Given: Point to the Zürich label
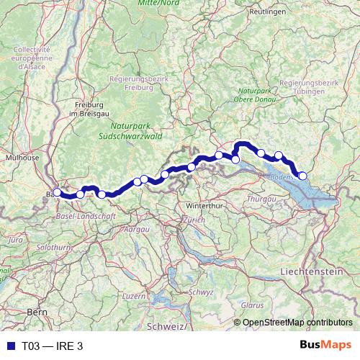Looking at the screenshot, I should (194, 219).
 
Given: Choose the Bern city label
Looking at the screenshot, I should (36, 312).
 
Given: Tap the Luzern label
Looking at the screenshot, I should (134, 296).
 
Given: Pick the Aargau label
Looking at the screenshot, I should (137, 229).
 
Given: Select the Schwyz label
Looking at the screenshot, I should (202, 292).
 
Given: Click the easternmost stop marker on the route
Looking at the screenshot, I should (302, 176).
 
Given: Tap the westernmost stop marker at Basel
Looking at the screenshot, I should (58, 192).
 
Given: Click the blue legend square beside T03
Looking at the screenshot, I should (9, 346).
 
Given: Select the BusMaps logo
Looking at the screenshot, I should (326, 345).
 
